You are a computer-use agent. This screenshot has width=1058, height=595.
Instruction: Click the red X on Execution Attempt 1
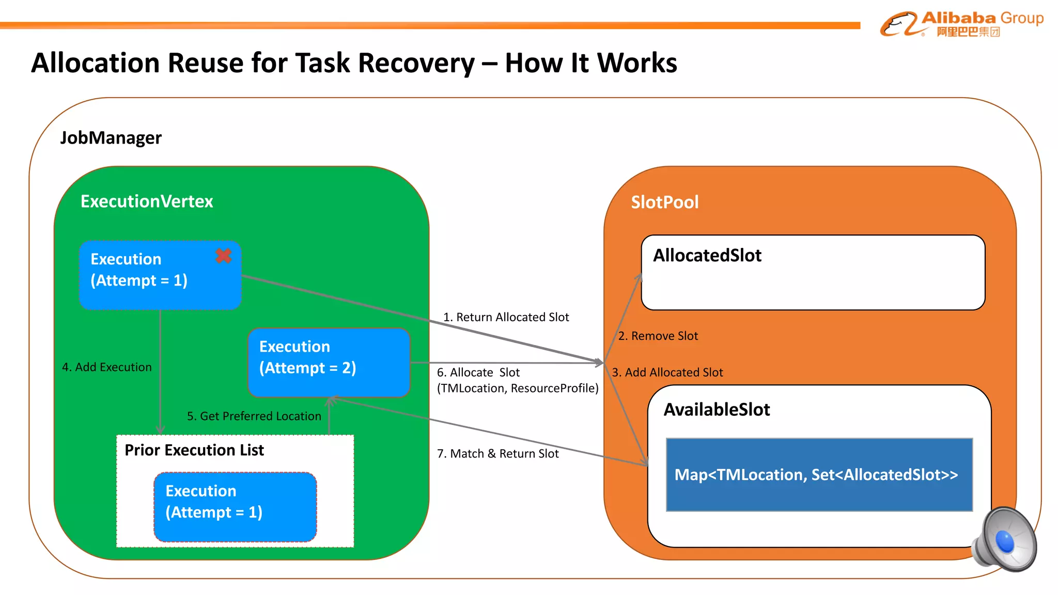tap(223, 256)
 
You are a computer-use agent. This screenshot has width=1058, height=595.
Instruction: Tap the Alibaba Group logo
tap(961, 24)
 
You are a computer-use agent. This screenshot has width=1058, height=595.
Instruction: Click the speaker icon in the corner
tap(1004, 539)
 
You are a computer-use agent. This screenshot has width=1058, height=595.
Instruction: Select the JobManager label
tap(111, 138)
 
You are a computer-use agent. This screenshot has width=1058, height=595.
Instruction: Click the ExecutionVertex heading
tap(147, 201)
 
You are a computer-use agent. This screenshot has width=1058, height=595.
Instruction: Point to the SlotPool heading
tap(664, 202)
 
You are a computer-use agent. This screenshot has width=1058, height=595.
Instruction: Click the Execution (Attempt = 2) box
tap(329, 362)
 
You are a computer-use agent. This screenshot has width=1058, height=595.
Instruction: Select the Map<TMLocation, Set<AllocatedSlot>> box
tap(819, 475)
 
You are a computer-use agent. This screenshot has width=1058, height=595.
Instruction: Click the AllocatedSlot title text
tap(707, 256)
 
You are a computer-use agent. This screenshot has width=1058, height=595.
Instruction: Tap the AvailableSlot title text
tap(717, 410)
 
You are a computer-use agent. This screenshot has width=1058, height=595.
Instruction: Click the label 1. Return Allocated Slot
tap(506, 317)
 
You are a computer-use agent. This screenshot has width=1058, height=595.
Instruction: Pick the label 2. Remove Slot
tap(658, 336)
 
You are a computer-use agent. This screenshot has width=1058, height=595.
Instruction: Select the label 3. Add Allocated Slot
tap(667, 372)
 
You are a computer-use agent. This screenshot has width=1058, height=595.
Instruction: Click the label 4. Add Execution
tap(107, 367)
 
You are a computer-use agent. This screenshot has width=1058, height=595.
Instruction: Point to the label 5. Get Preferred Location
tap(254, 416)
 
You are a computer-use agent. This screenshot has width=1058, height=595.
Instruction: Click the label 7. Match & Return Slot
tap(497, 453)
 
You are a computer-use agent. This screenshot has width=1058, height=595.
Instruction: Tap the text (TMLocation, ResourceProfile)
tap(518, 388)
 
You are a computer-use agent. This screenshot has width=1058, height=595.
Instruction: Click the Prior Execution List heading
tap(194, 450)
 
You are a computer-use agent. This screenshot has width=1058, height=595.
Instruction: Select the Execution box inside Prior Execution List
tap(235, 507)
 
